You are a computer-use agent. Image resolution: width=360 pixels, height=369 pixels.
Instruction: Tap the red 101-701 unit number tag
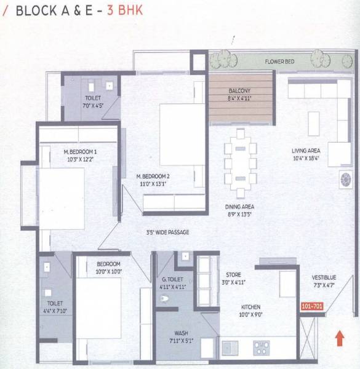(x=312, y=306)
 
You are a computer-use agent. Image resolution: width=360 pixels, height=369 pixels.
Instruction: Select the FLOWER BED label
(x=279, y=62)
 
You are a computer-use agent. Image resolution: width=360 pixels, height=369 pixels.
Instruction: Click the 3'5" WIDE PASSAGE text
(x=167, y=232)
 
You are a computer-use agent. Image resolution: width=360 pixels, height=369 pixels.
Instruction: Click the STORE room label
(x=233, y=275)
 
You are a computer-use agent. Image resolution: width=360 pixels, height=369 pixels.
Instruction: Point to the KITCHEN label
(x=250, y=307)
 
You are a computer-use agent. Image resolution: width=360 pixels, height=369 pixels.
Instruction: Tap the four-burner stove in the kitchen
(x=262, y=348)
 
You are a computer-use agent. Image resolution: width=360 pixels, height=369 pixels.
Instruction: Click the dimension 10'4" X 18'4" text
(x=305, y=159)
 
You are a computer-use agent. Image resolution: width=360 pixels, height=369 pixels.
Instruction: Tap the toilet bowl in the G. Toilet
(x=164, y=300)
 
